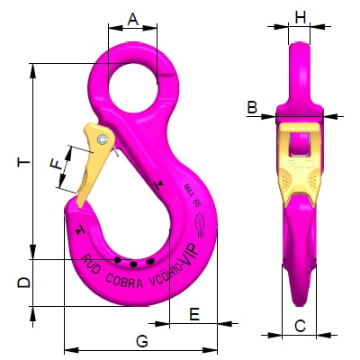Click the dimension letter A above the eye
coord(132,18)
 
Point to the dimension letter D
coord(24,282)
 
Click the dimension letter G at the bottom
coord(141,340)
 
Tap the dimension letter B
coord(252,107)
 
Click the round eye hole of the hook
coord(133,86)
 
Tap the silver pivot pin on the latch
coord(105,140)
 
